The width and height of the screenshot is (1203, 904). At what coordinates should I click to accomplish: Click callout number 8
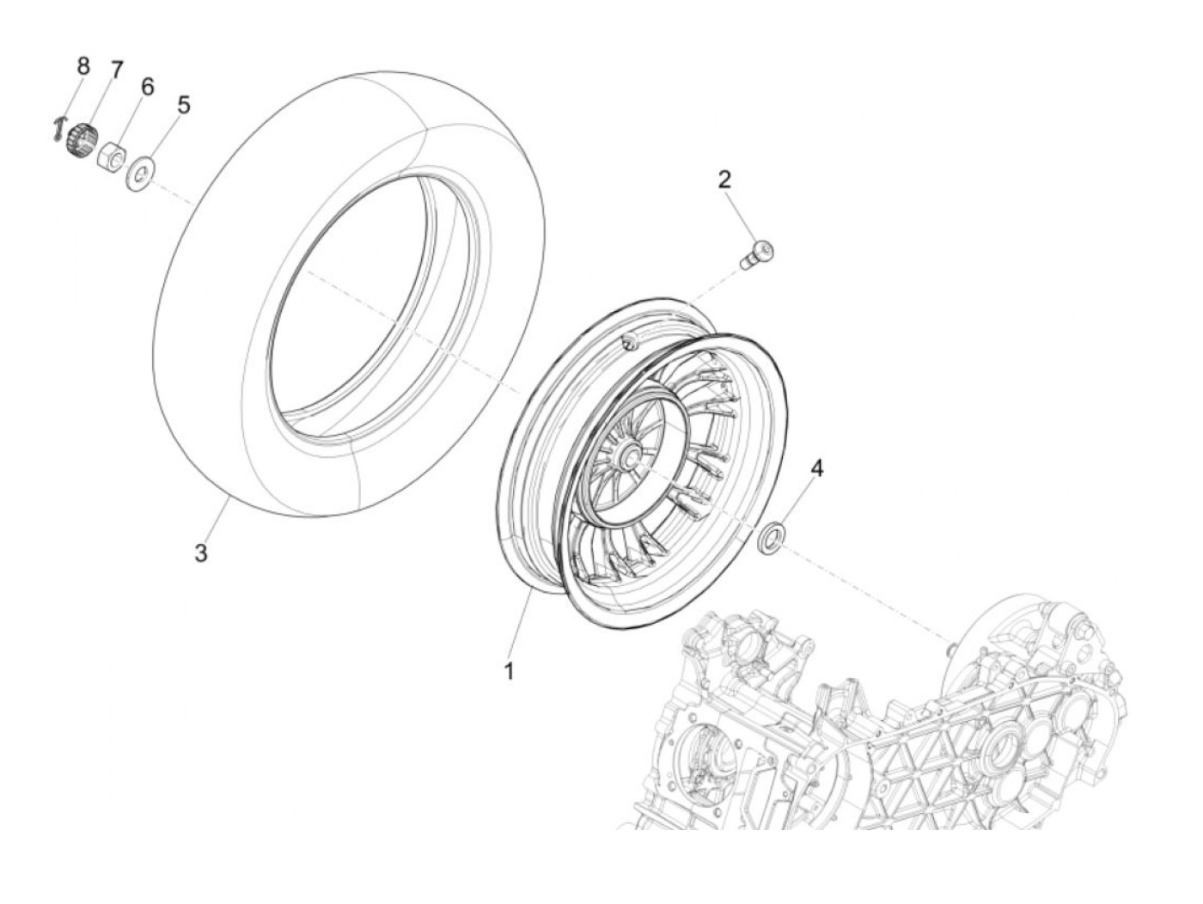[83, 65]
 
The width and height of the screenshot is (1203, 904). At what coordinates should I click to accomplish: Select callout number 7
[116, 70]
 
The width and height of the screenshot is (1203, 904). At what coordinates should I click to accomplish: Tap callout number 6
[147, 86]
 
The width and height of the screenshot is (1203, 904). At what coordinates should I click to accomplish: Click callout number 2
[724, 179]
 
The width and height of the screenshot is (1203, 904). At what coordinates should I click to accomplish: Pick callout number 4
[816, 468]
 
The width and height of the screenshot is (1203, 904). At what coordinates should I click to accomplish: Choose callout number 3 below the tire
[200, 553]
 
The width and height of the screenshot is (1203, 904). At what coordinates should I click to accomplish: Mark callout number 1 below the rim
[509, 671]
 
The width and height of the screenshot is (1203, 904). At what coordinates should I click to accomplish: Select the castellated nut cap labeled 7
[80, 138]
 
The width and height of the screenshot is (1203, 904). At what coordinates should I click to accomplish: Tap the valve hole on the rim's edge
[627, 343]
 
